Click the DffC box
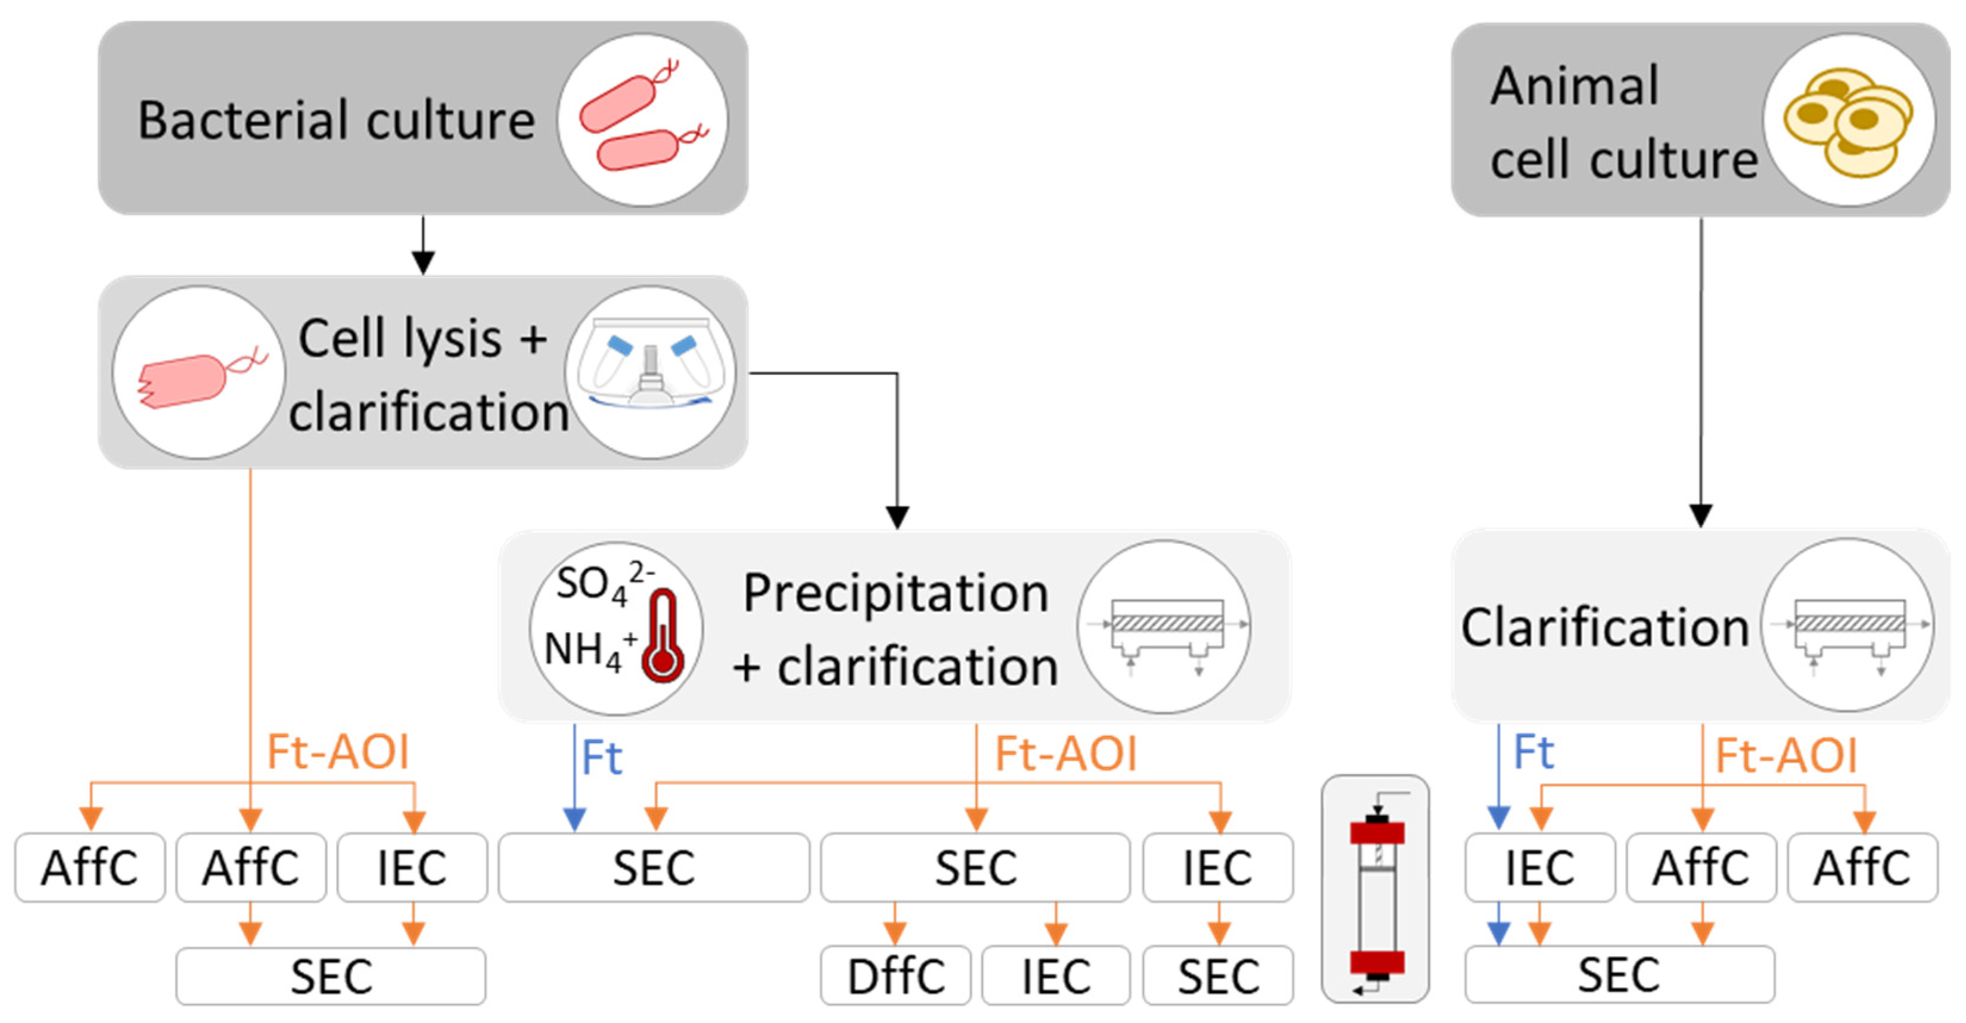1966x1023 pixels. point(895,976)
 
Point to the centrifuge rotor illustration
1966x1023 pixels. point(650,372)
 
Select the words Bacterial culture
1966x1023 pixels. point(337,120)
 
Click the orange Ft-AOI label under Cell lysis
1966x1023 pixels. point(337,752)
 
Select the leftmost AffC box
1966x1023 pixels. point(90,867)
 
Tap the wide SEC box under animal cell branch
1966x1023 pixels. point(1619,975)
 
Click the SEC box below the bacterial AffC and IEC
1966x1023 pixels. point(331,976)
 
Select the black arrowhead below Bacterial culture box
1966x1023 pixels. point(423,262)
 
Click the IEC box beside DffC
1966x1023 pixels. point(1056,976)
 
